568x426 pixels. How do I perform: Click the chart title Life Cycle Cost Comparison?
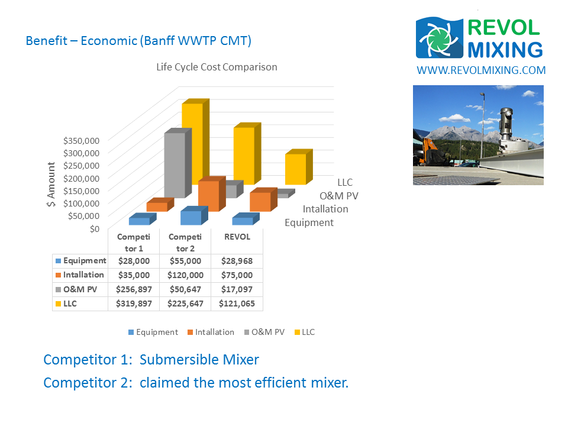tap(217, 67)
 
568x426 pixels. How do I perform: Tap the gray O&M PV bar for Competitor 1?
tap(178, 163)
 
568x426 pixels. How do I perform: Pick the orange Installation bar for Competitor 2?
tap(212, 194)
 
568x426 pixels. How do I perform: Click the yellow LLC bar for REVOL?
tap(299, 167)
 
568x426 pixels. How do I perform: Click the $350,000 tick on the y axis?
tap(81, 141)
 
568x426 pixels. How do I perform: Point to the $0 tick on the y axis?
tap(95, 229)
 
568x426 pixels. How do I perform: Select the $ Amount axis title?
tap(51, 184)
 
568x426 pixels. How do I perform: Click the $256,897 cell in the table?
tap(134, 289)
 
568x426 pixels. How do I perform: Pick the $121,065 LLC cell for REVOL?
tap(237, 304)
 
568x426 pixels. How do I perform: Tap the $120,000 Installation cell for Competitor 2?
tap(185, 275)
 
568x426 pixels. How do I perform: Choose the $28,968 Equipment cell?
tap(237, 261)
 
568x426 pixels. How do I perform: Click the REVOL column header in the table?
tap(237, 237)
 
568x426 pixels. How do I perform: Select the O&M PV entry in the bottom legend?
tap(264, 332)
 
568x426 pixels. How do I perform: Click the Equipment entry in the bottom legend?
tap(153, 332)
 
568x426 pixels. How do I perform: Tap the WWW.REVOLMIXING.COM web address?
tap(481, 70)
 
